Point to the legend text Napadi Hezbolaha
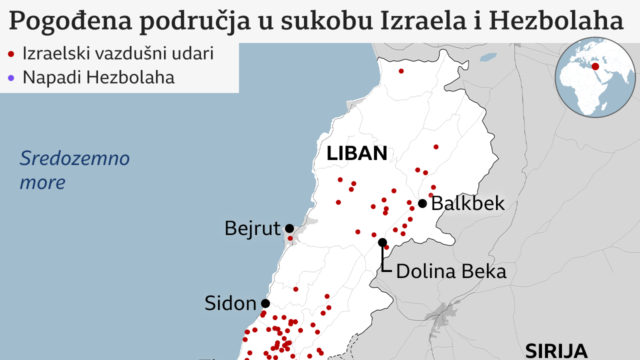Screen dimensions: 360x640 [98, 77]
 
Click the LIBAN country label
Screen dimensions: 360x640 [357, 153]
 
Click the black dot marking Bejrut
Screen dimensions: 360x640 [289, 228]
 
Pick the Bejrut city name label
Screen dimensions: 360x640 [252, 228]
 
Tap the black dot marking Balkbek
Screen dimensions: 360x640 [422, 203]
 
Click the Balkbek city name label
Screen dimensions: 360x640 [468, 203]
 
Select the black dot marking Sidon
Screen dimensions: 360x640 [265, 303]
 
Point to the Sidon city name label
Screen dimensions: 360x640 [230, 303]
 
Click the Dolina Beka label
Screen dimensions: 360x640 [451, 271]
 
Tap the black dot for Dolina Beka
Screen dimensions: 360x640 [382, 242]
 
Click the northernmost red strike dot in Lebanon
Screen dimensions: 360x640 [401, 71]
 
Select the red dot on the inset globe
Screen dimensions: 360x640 [595, 66]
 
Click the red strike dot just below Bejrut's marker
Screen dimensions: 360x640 [290, 238]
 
